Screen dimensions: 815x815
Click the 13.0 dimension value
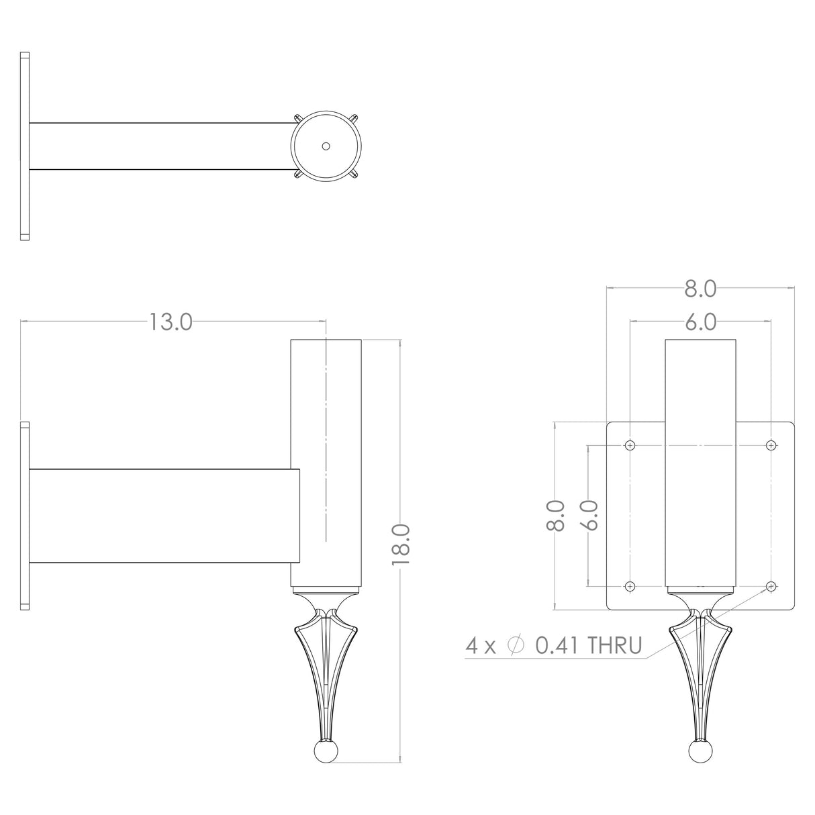pyautogui.click(x=171, y=322)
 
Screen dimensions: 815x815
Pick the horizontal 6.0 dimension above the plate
pyautogui.click(x=700, y=323)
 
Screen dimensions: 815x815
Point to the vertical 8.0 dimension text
pyautogui.click(x=555, y=516)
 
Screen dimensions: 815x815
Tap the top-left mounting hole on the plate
pyautogui.click(x=630, y=445)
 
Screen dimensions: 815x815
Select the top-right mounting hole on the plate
pyautogui.click(x=771, y=445)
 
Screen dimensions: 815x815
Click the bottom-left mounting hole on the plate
pyautogui.click(x=630, y=586)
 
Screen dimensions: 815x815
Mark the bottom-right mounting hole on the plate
pyautogui.click(x=771, y=586)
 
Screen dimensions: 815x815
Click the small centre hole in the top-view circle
pyautogui.click(x=326, y=146)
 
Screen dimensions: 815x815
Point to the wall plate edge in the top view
pyautogui.click(x=25, y=146)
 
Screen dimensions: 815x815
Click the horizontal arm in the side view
pyautogui.click(x=161, y=516)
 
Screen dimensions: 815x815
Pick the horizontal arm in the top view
pyautogui.click(x=161, y=146)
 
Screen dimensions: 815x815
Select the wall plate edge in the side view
pyautogui.click(x=25, y=516)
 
